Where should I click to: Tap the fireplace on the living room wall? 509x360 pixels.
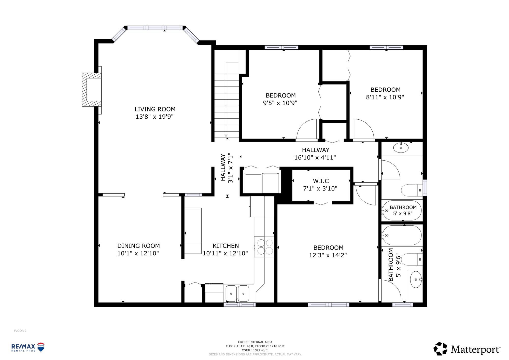pos(92,90)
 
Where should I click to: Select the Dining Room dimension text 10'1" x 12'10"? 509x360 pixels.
pos(138,253)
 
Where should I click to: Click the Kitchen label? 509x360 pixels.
pos(226,246)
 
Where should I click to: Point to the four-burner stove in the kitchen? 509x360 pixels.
pos(264,247)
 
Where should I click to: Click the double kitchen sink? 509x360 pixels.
pos(237,294)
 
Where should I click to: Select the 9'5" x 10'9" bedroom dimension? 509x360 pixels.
pos(280,103)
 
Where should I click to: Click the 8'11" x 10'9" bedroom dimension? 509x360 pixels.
pos(385,97)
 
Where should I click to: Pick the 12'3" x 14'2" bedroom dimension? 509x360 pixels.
pos(328,255)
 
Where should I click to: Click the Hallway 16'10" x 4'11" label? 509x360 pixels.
pos(315,154)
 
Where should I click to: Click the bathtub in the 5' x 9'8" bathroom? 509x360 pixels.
pos(402,210)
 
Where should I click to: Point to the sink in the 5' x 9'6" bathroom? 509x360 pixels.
pos(416,280)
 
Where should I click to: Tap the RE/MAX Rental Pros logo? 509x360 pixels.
pos(28,348)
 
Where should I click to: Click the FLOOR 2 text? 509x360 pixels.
pos(20,331)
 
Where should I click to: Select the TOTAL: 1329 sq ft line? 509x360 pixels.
pos(255,350)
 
